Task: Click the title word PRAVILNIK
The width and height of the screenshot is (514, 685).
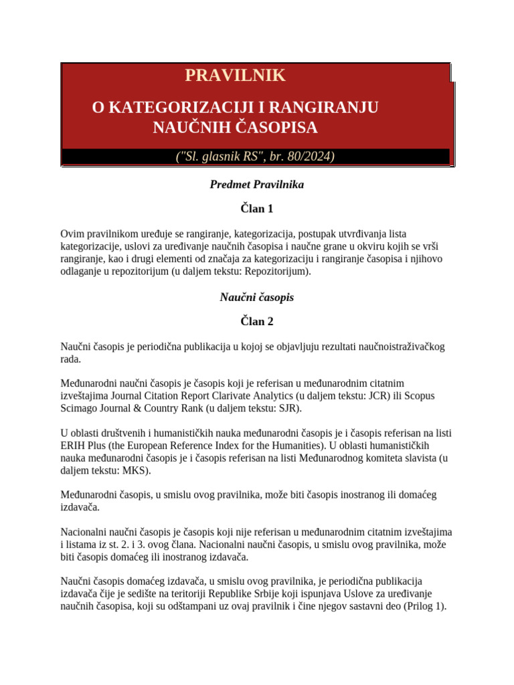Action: (235, 76)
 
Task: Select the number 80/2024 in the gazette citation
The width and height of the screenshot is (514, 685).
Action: (308, 157)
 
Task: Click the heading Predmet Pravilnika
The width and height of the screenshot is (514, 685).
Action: (257, 185)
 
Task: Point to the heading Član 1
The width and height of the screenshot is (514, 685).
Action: (257, 209)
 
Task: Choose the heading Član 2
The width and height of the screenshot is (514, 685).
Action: (257, 321)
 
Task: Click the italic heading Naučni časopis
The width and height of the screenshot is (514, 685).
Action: (257, 297)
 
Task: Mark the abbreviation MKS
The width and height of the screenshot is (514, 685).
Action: (135, 470)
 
